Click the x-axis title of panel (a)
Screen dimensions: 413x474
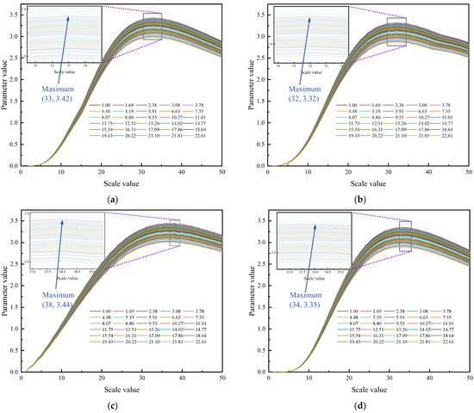[122, 183]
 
